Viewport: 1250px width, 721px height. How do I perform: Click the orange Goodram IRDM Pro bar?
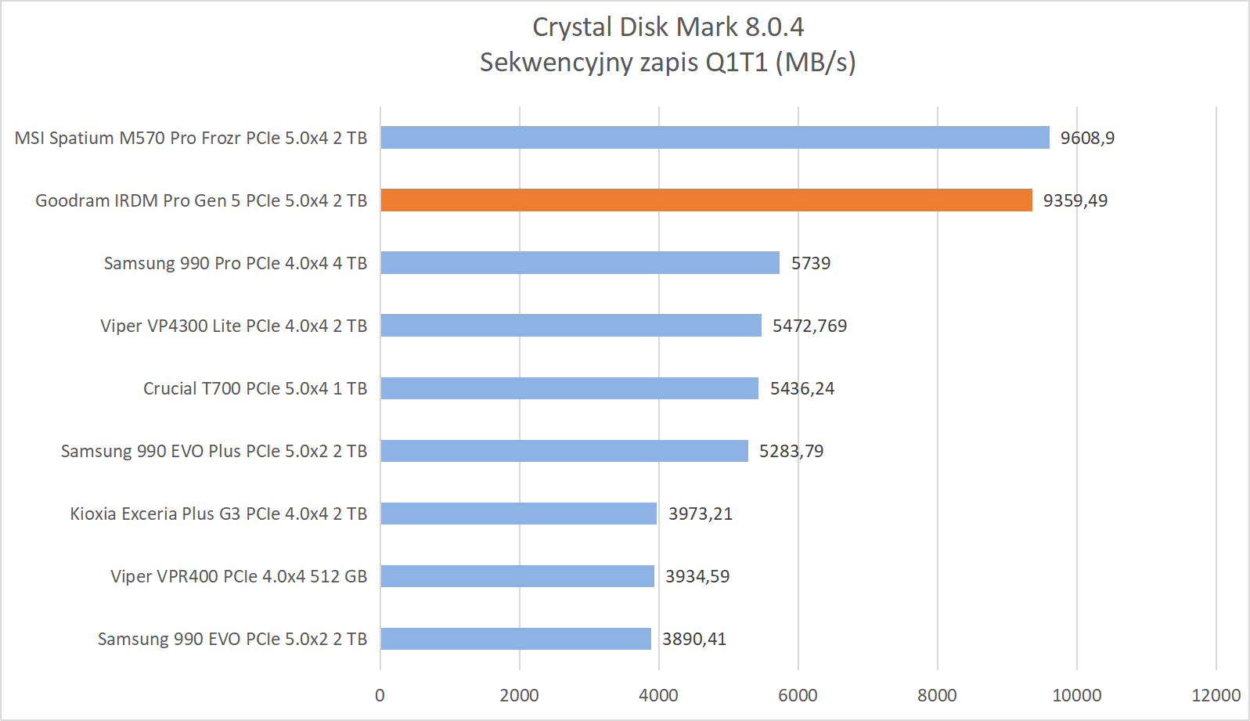[x=706, y=200]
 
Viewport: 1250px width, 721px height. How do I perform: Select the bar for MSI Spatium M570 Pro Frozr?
[x=715, y=138]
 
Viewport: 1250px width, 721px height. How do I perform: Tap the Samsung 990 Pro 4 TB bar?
[x=580, y=263]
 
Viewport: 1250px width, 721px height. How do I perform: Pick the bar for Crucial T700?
[x=569, y=388]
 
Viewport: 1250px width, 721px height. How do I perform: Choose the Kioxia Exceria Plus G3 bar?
[x=518, y=514]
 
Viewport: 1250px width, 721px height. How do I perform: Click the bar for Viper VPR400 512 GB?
[x=517, y=576]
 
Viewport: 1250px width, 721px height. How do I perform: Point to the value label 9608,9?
[x=1087, y=138]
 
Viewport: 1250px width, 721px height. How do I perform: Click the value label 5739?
[x=810, y=263]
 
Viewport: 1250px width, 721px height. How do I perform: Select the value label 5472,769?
[x=809, y=326]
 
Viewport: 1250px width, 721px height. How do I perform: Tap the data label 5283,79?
[x=791, y=451]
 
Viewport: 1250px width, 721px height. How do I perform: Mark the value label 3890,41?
[x=694, y=639]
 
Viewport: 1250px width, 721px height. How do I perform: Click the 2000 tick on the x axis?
[x=519, y=695]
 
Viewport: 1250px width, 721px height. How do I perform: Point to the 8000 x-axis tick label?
[x=937, y=695]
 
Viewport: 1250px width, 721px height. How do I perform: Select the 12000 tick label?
[x=1216, y=695]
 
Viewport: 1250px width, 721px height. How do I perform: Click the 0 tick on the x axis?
[x=380, y=695]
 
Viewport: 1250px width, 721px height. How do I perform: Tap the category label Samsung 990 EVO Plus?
[x=214, y=451]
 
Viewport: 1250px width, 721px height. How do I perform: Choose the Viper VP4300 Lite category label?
[x=233, y=326]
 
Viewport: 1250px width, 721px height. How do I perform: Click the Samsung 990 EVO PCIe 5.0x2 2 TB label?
[x=232, y=639]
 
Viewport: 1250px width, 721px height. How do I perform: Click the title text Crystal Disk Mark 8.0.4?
[x=668, y=27]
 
